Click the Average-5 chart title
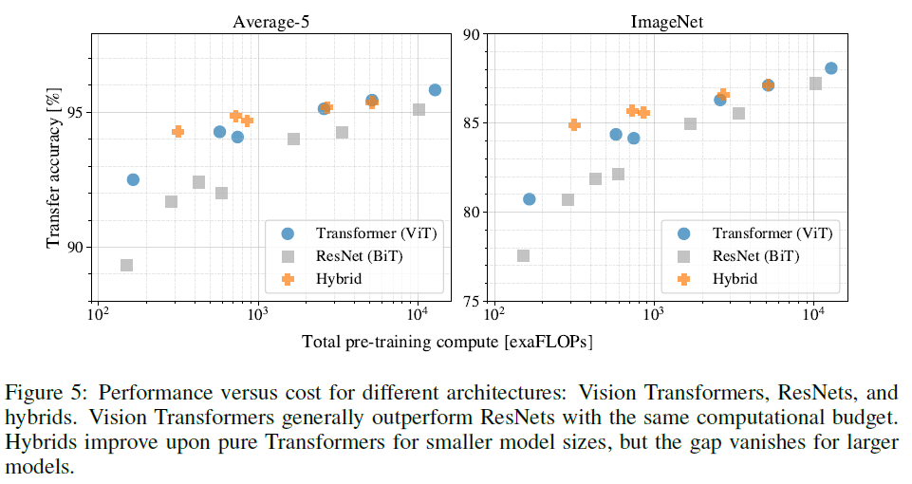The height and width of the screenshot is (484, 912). click(x=269, y=22)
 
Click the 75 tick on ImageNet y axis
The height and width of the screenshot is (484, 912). click(x=473, y=301)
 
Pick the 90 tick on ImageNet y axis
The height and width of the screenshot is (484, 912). click(x=473, y=34)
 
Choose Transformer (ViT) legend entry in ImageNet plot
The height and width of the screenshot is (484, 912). click(x=758, y=232)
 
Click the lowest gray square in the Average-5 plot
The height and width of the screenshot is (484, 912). click(x=126, y=266)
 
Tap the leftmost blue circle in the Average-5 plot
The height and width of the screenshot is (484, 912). click(x=133, y=179)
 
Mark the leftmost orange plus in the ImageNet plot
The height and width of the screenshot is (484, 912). click(x=573, y=124)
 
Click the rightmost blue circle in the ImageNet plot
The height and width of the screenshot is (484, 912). click(x=831, y=68)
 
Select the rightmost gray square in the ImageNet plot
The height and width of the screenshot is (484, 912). click(x=815, y=84)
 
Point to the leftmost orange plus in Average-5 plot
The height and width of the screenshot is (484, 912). click(x=177, y=131)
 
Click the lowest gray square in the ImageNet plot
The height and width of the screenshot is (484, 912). click(x=523, y=256)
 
